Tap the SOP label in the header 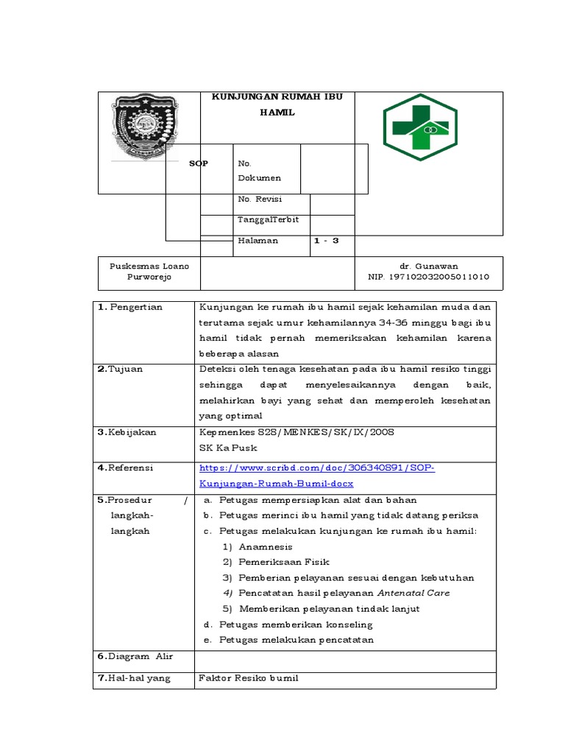(199, 163)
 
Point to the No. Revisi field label (260, 199)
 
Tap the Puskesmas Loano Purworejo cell (149, 272)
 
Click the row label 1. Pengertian (130, 307)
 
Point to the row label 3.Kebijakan (127, 433)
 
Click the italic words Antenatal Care (413, 593)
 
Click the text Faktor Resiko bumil (249, 678)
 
